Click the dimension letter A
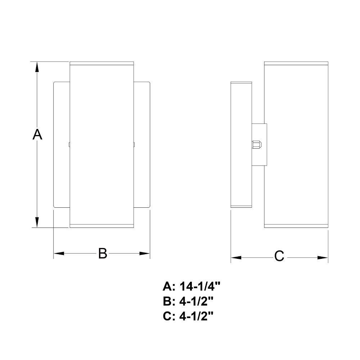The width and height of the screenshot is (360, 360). (x=37, y=135)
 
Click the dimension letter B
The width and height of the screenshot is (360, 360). (x=103, y=253)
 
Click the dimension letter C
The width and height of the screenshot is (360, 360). (x=279, y=256)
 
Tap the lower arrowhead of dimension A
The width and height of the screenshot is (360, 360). (x=37, y=222)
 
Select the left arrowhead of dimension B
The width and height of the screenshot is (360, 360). (x=59, y=253)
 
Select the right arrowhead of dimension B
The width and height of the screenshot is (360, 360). (x=145, y=253)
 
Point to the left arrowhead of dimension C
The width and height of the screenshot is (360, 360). (x=236, y=258)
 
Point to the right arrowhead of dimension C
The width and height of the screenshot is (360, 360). (x=323, y=258)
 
